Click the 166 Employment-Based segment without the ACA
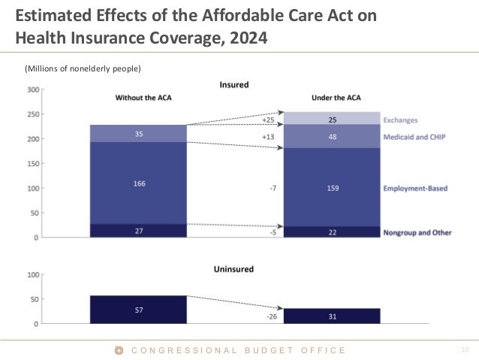coord(138,183)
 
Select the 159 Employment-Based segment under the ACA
coord(332,188)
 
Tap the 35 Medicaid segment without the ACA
coord(138,134)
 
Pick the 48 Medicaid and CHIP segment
coord(332,137)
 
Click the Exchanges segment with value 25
coord(332,119)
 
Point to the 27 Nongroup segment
coord(138,231)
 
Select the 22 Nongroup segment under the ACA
coord(332,232)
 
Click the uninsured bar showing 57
coord(138,310)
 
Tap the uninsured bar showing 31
coord(332,316)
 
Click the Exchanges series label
coord(400,119)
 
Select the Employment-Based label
coord(415,188)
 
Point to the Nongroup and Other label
coord(417,232)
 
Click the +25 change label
coord(268,119)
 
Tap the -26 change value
coord(272,316)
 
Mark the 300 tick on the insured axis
coord(34,89)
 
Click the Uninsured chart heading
coord(233,268)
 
